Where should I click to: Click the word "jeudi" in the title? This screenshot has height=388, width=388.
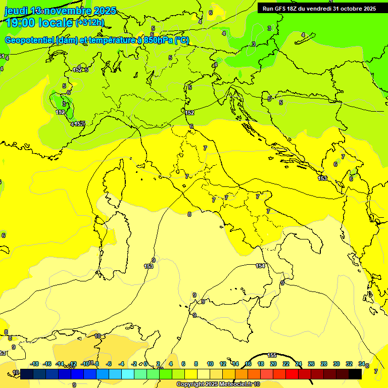click(16, 11)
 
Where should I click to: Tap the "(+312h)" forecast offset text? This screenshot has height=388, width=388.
click(89, 23)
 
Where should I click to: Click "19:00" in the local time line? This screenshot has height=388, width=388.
click(20, 23)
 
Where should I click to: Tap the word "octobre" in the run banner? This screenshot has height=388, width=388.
click(349, 9)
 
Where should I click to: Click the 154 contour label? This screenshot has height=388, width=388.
click(260, 266)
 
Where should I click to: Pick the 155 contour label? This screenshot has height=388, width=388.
click(272, 356)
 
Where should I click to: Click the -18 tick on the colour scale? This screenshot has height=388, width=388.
click(35, 364)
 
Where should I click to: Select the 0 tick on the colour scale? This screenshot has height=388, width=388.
click(145, 364)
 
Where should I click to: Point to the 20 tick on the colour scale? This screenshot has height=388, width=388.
click(273, 364)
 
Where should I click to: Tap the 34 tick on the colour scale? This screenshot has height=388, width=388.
click(362, 364)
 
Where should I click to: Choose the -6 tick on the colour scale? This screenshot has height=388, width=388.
click(109, 364)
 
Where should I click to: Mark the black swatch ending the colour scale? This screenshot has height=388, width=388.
click(355, 374)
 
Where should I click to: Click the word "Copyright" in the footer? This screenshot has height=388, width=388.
click(191, 384)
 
